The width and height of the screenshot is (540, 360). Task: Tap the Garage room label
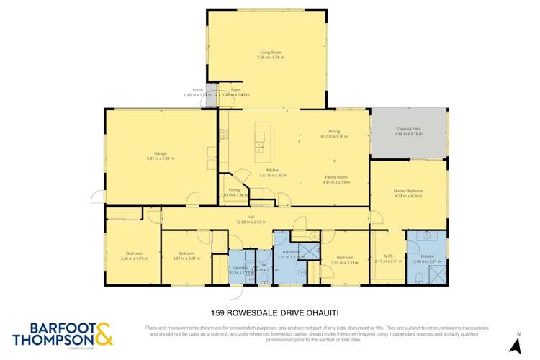pyautogui.click(x=160, y=153)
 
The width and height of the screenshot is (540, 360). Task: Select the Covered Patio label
pyautogui.click(x=407, y=129)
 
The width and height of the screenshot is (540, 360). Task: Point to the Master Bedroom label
pyautogui.click(x=408, y=191)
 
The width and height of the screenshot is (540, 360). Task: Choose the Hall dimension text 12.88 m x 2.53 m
pyautogui.click(x=251, y=222)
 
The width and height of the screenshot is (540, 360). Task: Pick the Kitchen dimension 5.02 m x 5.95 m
pyautogui.click(x=273, y=175)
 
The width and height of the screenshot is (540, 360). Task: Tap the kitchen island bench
pyautogui.click(x=259, y=141)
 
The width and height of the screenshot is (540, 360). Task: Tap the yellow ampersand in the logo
pyautogui.click(x=103, y=333)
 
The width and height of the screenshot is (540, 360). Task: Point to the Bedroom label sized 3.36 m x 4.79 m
pyautogui.click(x=134, y=253)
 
